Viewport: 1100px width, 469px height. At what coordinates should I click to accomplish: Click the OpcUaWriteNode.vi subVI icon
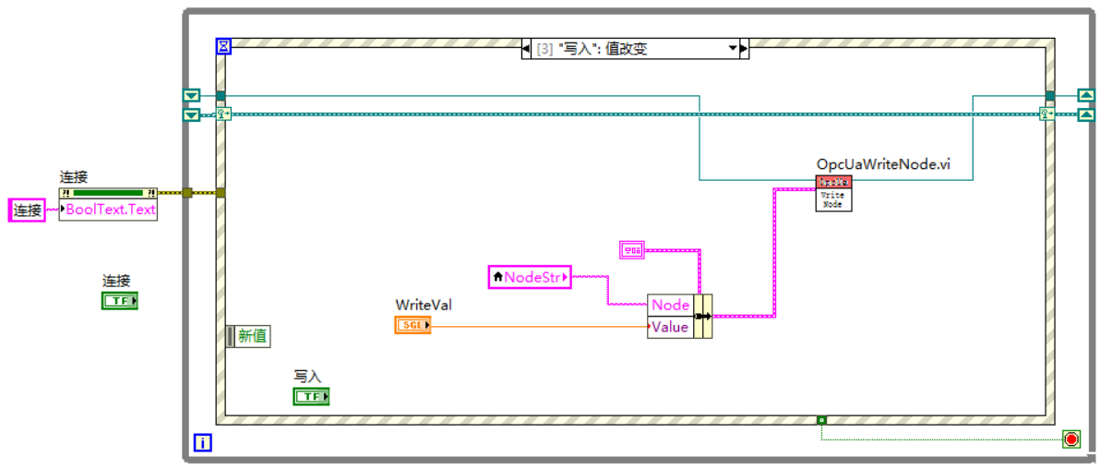point(833,193)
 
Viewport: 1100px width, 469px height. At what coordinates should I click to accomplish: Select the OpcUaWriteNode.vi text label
point(883,164)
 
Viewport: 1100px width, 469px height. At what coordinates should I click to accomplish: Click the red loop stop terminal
point(1071,439)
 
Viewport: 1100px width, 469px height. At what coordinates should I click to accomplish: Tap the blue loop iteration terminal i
point(202,443)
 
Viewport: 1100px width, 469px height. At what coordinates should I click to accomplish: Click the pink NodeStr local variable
point(530,276)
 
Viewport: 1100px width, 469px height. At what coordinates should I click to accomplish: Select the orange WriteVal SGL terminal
point(412,325)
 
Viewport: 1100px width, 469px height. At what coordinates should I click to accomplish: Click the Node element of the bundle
point(670,306)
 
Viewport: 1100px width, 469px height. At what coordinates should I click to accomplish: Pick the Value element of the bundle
point(670,327)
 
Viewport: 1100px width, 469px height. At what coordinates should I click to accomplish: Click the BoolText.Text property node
point(108,209)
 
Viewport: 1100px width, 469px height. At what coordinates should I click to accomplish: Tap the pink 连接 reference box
point(27,210)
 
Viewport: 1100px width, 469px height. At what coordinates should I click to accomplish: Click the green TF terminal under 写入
point(311,396)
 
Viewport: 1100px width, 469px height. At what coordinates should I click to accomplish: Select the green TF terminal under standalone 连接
point(119,301)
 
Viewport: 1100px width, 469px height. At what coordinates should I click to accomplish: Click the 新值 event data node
point(248,336)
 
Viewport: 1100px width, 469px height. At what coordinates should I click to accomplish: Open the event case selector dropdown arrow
point(734,49)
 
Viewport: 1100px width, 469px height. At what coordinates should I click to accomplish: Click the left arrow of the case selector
point(527,49)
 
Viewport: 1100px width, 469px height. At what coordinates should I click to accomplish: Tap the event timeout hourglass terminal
point(223,45)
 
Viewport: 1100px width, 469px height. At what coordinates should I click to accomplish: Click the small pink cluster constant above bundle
point(632,248)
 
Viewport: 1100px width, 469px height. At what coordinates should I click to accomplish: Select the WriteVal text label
point(424,305)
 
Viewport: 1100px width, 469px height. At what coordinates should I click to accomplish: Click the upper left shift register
point(191,96)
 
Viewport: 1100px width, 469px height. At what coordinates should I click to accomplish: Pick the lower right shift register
point(1086,114)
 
